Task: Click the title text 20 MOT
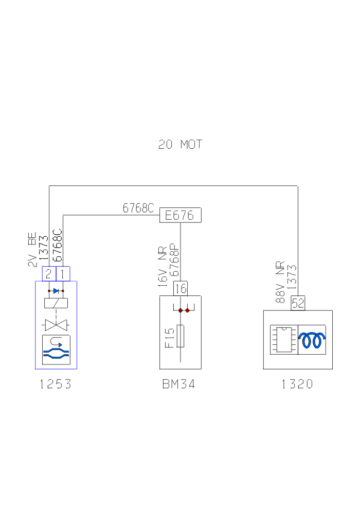click(180, 145)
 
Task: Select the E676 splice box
click(180, 215)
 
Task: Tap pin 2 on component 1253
click(48, 274)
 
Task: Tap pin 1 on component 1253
click(62, 274)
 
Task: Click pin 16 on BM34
click(181, 289)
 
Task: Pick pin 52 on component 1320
click(298, 304)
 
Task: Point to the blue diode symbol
click(56, 291)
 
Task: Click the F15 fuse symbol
click(181, 337)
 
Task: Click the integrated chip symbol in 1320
click(282, 339)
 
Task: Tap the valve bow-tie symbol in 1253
click(56, 325)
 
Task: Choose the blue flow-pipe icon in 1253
click(56, 350)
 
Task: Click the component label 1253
click(56, 384)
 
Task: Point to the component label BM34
click(178, 384)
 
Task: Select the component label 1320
click(297, 384)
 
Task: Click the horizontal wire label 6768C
click(138, 208)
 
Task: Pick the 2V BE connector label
click(32, 251)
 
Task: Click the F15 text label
click(170, 338)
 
